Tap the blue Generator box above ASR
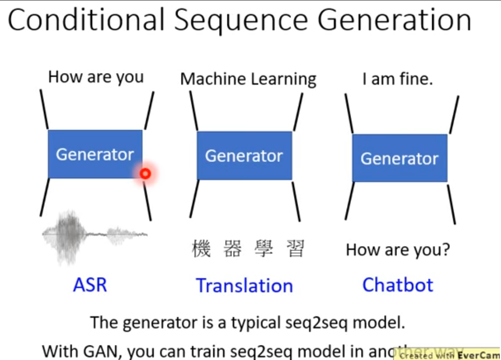[x=95, y=154]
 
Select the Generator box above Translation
[x=244, y=155]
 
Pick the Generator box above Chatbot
[x=399, y=158]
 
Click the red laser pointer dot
[x=145, y=174]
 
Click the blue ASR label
[x=90, y=285]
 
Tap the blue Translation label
[x=244, y=286]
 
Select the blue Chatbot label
[x=398, y=285]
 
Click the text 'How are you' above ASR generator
[x=96, y=77]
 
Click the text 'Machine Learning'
[x=248, y=79]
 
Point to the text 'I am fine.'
[x=397, y=79]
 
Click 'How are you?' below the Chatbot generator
[x=398, y=250]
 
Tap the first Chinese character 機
[x=201, y=249]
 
